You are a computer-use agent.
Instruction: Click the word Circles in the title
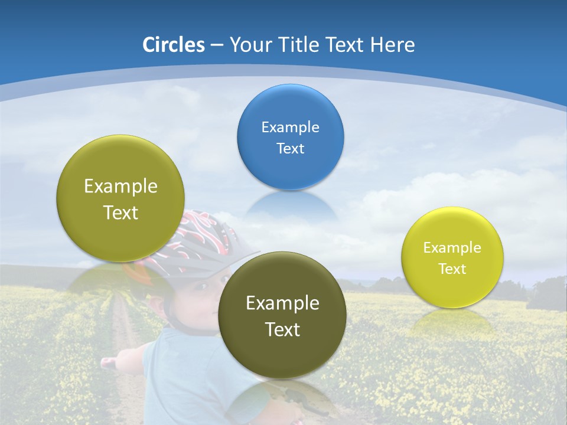pos(173,44)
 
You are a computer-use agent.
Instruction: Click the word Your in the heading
pos(250,44)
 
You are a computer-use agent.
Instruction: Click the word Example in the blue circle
pos(290,127)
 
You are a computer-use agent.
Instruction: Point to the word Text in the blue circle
pos(290,148)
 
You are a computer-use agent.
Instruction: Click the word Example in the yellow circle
pos(452,247)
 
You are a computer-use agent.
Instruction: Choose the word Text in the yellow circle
pos(452,269)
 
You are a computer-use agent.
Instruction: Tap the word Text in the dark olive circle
pos(282,329)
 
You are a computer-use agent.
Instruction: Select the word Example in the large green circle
pos(120,186)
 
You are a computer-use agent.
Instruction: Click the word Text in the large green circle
pos(120,212)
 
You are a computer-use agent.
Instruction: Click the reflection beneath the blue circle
pos(289,207)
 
